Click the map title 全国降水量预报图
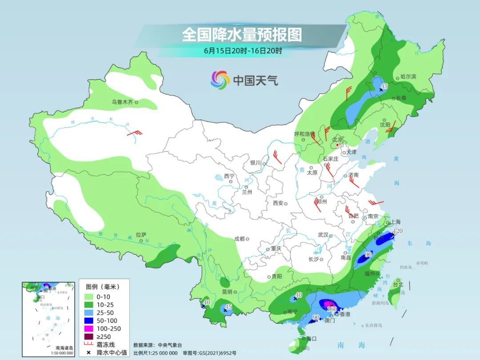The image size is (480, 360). pyautogui.click(x=242, y=34)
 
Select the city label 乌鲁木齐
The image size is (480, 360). pyautogui.click(x=122, y=102)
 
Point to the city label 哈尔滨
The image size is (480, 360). pyautogui.click(x=408, y=76)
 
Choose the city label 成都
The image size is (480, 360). pyautogui.click(x=240, y=239)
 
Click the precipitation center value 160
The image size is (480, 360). pyautogui.click(x=332, y=309)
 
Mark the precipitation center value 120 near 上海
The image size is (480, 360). pyautogui.click(x=398, y=231)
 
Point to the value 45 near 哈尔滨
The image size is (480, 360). pyautogui.click(x=385, y=86)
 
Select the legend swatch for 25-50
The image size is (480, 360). pyautogui.click(x=88, y=313)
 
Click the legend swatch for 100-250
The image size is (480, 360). pyautogui.click(x=88, y=329)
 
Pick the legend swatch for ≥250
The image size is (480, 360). pyautogui.click(x=88, y=336)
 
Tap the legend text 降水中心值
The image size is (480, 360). pyautogui.click(x=112, y=352)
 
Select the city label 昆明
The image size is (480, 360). pyautogui.click(x=227, y=292)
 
